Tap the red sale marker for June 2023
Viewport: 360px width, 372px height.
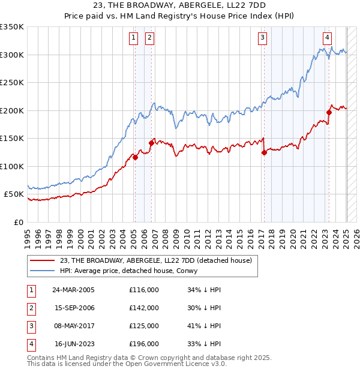pyautogui.click(x=329, y=112)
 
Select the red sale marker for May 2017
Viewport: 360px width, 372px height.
pyautogui.click(x=264, y=152)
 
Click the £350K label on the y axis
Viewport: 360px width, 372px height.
pyautogui.click(x=12, y=27)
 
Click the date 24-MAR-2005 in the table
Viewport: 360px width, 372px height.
pyautogui.click(x=73, y=290)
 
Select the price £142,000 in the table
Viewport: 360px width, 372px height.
pyautogui.click(x=144, y=308)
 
